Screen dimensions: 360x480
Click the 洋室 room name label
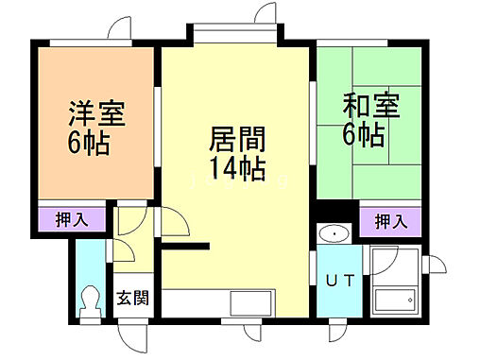coord(96,111)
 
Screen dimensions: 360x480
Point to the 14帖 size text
coord(236,170)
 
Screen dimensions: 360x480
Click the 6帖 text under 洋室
coord(87,144)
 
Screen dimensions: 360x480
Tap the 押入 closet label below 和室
coord(390,222)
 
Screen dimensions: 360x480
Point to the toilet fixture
coord(91,301)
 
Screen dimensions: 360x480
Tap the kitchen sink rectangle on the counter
coord(250,305)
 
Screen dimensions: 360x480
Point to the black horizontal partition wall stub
coord(183,246)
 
